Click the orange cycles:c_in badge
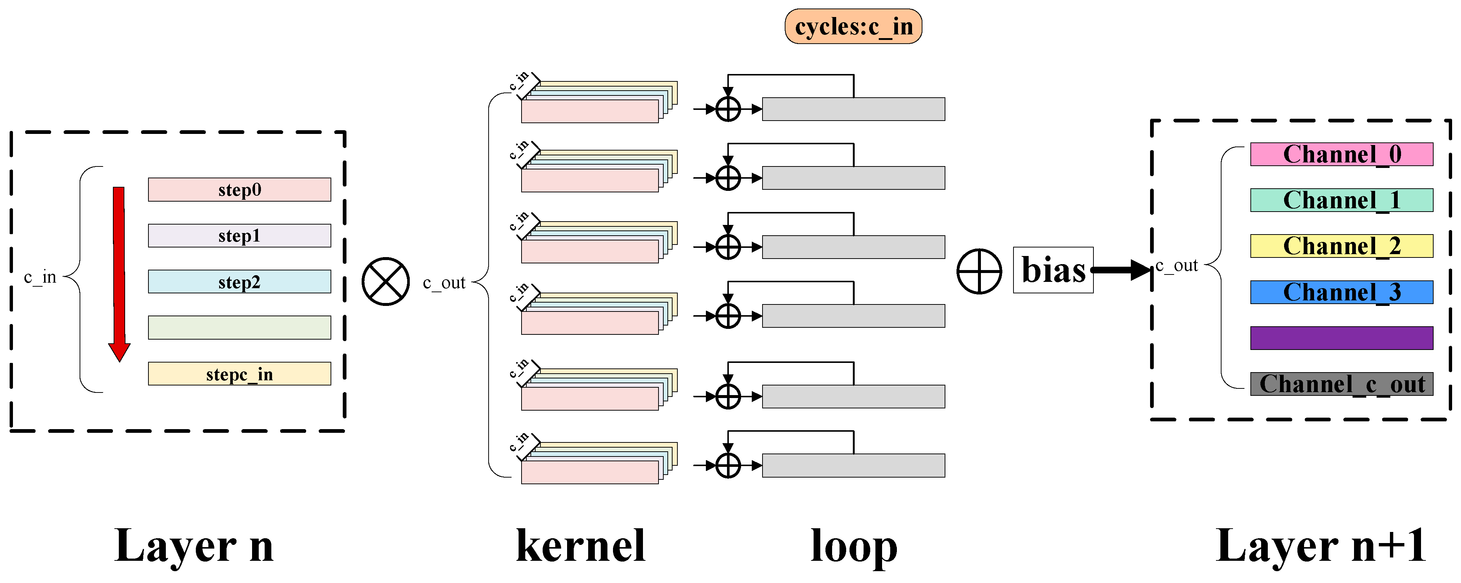pyautogui.click(x=852, y=27)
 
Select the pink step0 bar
pyautogui.click(x=239, y=190)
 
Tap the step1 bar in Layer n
pyautogui.click(x=239, y=236)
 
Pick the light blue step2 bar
pyautogui.click(x=239, y=282)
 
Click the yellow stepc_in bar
pyautogui.click(x=239, y=374)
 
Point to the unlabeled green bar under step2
pyautogui.click(x=239, y=327)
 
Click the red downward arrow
pyautogui.click(x=119, y=272)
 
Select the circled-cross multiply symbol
pyautogui.click(x=386, y=282)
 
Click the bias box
pyautogui.click(x=1053, y=270)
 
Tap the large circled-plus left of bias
pyautogui.click(x=979, y=272)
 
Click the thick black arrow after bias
pyautogui.click(x=1120, y=270)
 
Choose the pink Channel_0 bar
pyautogui.click(x=1341, y=154)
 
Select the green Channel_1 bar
pyautogui.click(x=1341, y=200)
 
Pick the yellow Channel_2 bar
pyautogui.click(x=1341, y=246)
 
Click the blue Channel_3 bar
pyautogui.click(x=1341, y=292)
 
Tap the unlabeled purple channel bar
pyautogui.click(x=1341, y=338)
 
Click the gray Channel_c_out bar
pyautogui.click(x=1341, y=384)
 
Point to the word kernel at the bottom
pyautogui.click(x=581, y=546)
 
